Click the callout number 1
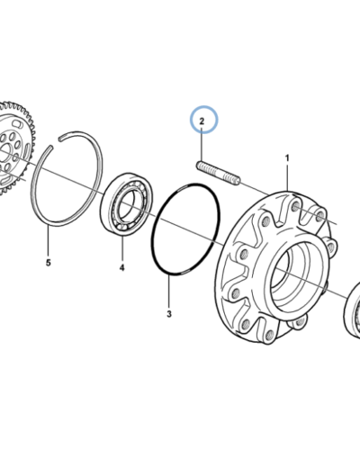[x=287, y=157]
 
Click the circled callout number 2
[x=202, y=121]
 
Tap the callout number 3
[x=169, y=314]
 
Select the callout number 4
[x=121, y=267]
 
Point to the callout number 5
[x=49, y=263]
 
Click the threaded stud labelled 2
[x=218, y=174]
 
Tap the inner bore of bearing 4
[x=129, y=204]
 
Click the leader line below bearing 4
[x=122, y=248]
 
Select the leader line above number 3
[x=169, y=292]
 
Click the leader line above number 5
[x=48, y=242]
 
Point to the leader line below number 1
[x=287, y=176]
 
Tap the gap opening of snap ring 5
[x=56, y=142]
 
